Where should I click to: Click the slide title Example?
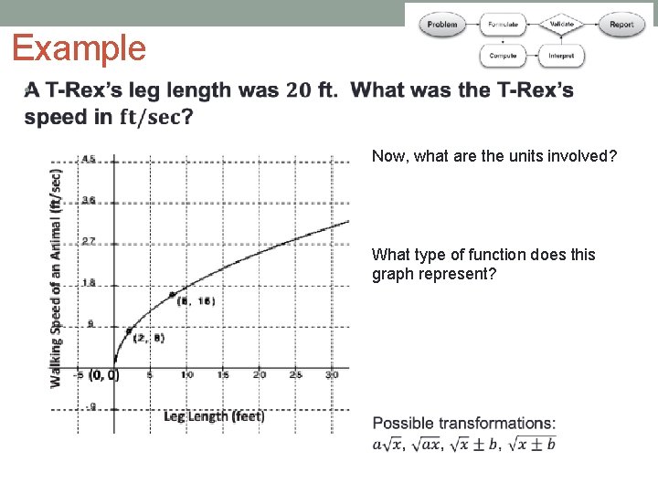click(80, 48)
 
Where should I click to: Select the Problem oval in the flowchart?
click(442, 25)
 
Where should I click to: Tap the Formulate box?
click(503, 25)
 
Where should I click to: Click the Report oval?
click(621, 25)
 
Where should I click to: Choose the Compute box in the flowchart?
click(503, 56)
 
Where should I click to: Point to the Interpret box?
click(561, 56)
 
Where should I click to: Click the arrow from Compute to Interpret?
click(532, 56)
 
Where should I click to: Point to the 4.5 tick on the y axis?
click(89, 159)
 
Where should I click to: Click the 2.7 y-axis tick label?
click(89, 241)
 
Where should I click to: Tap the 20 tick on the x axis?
click(259, 374)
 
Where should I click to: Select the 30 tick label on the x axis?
click(332, 374)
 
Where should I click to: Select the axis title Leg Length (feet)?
click(214, 416)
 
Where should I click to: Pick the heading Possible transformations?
click(463, 423)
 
